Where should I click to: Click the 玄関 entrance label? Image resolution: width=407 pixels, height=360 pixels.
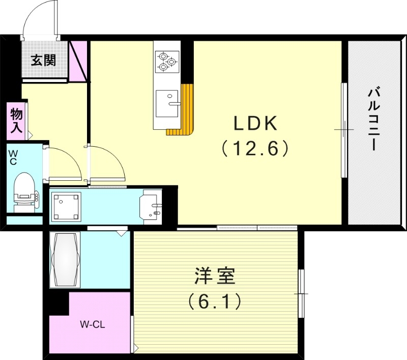coord(43,61)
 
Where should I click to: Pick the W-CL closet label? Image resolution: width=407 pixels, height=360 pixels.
coord(93,323)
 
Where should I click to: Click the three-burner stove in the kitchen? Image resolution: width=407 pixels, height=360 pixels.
coord(166,61)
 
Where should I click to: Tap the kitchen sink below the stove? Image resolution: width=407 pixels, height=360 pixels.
coord(167,102)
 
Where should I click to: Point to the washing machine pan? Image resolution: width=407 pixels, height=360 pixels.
coord(66,207)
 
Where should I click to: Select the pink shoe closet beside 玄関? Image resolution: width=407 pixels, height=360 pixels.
coord(78,61)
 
